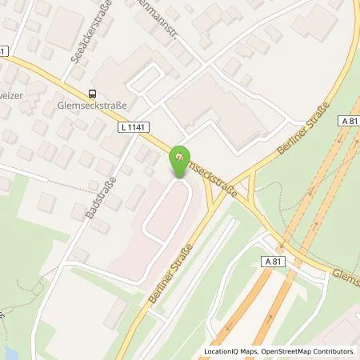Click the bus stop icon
click(93, 94)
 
